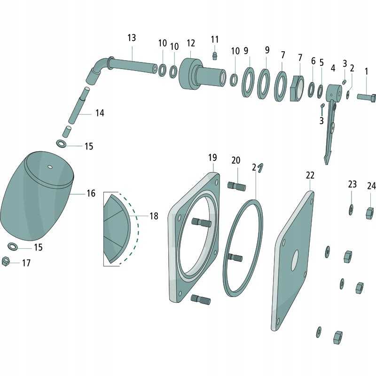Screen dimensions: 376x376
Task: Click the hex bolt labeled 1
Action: (366, 97)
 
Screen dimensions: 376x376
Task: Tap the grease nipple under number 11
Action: (215, 55)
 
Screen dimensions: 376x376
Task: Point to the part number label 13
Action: (132, 38)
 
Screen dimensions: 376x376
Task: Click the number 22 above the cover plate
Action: (310, 175)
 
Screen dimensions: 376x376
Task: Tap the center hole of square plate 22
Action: (295, 260)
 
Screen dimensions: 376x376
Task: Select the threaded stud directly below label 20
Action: (236, 186)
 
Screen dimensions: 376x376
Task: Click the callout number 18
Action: (154, 216)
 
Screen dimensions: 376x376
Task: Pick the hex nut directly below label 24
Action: (370, 213)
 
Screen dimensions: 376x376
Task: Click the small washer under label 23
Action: (351, 210)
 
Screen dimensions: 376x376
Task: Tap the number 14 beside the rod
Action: (100, 113)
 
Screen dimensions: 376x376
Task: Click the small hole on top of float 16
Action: (50, 167)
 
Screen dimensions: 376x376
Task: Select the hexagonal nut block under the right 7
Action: (297, 89)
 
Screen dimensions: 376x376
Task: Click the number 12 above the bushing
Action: (191, 43)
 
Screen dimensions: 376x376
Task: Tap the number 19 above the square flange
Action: (212, 158)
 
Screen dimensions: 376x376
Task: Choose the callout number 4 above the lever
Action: (333, 68)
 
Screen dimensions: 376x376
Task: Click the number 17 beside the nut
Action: (26, 263)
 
